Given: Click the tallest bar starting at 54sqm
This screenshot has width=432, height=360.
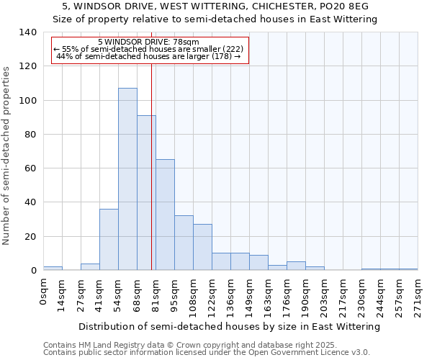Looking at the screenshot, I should [127, 179].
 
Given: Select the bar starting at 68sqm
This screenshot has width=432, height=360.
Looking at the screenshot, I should [146, 193].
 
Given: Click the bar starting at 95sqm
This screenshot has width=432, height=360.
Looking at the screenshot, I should [184, 243].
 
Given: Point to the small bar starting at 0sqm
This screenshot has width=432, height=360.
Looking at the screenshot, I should [53, 268].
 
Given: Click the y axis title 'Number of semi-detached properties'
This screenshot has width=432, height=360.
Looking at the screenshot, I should [7, 155].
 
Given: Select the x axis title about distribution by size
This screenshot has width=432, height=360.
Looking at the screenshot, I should [229, 326].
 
